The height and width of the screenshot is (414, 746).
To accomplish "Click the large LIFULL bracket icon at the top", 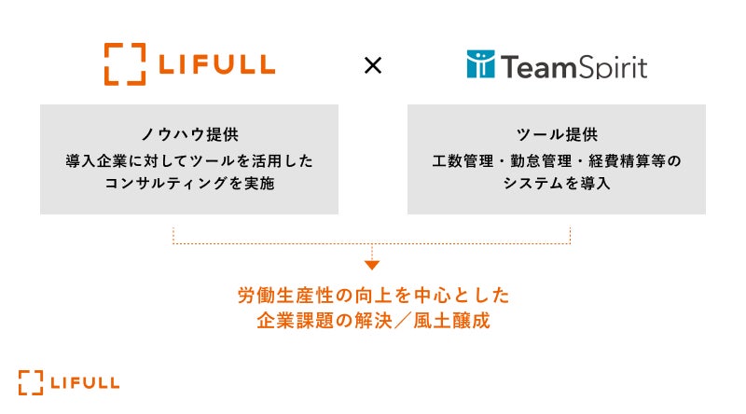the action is (126, 64).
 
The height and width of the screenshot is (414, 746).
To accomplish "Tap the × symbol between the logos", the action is (372, 66).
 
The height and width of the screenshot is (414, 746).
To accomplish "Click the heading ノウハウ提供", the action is (189, 134).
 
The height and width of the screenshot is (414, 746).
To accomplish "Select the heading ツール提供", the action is (557, 134).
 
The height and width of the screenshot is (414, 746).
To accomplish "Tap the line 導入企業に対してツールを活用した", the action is (189, 160).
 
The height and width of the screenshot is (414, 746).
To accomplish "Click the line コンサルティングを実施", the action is (189, 185).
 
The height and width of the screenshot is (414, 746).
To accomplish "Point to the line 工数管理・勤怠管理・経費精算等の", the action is (557, 160).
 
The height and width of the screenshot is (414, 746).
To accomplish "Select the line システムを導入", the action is (557, 185).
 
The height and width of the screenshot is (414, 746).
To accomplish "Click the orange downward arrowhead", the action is (372, 265).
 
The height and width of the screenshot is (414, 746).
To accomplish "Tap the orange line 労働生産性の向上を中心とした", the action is (373, 296).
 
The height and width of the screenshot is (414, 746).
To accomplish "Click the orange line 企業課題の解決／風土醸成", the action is (373, 322).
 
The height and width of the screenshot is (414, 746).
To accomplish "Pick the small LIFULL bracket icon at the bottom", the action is (31, 382).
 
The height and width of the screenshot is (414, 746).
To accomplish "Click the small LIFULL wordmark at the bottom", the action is (85, 382).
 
